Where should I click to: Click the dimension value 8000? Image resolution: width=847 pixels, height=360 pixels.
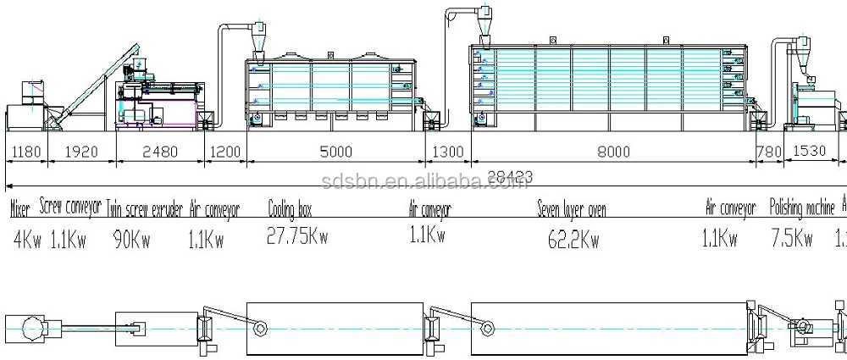[612, 152]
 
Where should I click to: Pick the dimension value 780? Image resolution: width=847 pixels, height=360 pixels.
[768, 152]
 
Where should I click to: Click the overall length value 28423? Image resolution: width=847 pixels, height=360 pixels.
[512, 175]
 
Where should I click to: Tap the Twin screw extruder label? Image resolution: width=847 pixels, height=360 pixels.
[144, 208]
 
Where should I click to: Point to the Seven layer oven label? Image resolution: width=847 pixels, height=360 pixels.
[572, 208]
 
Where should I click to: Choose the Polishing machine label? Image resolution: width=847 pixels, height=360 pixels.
[801, 207]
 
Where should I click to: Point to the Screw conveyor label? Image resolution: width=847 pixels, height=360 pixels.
[70, 207]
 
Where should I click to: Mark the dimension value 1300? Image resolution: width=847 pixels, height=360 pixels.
[447, 152]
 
